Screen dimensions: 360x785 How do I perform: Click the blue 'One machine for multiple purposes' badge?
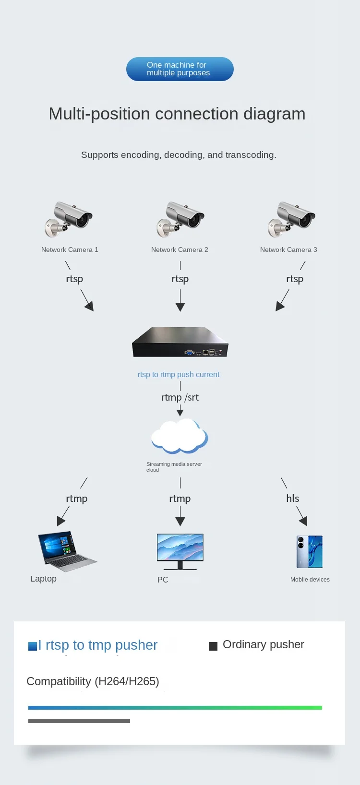(x=180, y=69)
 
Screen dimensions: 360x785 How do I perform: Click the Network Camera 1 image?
(x=68, y=219)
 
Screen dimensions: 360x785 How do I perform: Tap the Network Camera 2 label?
(x=180, y=250)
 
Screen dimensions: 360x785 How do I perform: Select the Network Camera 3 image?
(x=291, y=219)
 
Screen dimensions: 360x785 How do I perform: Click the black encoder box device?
(x=180, y=342)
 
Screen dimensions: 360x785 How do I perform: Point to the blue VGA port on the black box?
(x=189, y=352)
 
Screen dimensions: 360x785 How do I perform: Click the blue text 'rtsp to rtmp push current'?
(x=179, y=375)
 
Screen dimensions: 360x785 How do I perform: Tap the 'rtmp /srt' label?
(x=180, y=397)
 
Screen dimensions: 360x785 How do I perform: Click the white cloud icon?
(x=180, y=436)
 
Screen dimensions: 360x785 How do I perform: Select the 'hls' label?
(x=293, y=499)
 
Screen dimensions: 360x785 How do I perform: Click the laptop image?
(x=67, y=551)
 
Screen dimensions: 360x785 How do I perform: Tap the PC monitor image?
(x=180, y=552)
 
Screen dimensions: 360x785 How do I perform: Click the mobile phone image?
(x=310, y=552)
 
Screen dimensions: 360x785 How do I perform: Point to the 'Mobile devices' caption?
(x=310, y=580)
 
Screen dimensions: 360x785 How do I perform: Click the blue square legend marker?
(x=33, y=646)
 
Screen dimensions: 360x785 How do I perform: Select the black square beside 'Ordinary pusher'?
(x=213, y=646)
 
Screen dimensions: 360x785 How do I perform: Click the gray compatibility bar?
(x=79, y=721)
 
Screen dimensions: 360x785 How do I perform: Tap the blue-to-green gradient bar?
(x=175, y=708)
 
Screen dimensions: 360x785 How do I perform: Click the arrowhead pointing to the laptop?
(x=60, y=521)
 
